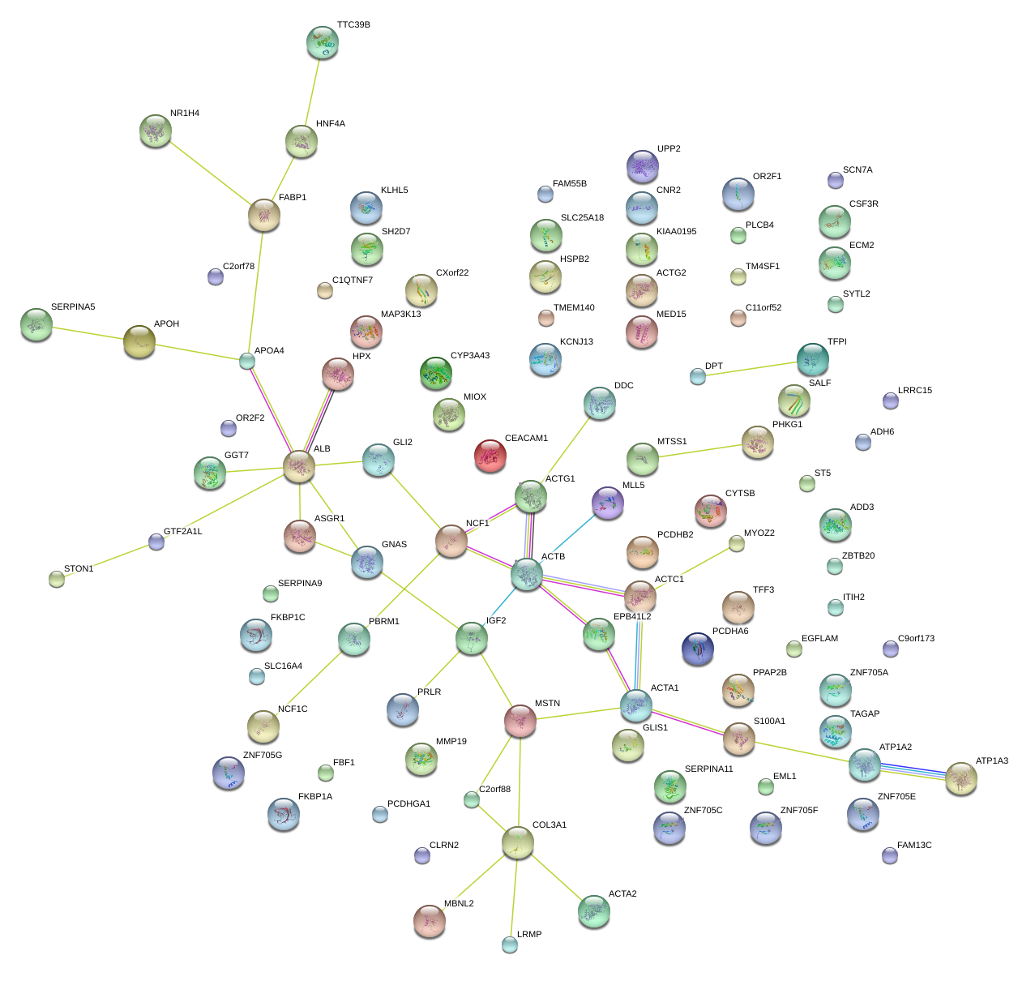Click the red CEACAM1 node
[x=490, y=456]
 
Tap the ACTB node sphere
[x=527, y=574]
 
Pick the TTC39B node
[x=323, y=42]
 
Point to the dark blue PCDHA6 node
[x=698, y=648]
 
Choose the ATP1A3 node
[x=961, y=778]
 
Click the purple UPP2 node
[x=642, y=166]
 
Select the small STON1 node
[x=56, y=578]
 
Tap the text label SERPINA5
[x=73, y=307]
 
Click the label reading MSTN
[x=547, y=704]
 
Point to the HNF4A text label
[x=331, y=124]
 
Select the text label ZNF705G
[x=263, y=756]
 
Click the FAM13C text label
[x=914, y=846]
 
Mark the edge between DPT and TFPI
[x=754, y=369]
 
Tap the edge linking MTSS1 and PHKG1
[x=699, y=451]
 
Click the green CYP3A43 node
[x=436, y=373]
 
